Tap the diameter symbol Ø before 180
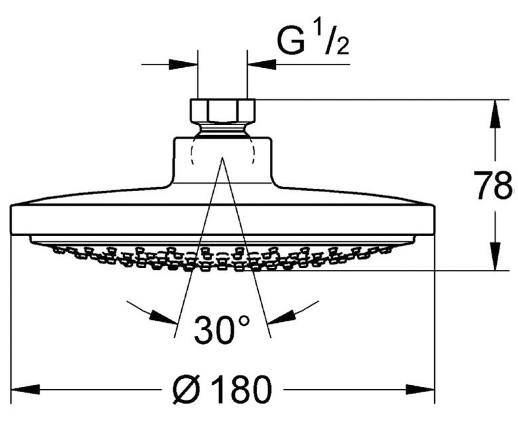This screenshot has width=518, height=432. [186, 390]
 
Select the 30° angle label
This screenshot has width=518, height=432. [221, 330]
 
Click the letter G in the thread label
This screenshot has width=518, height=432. [291, 41]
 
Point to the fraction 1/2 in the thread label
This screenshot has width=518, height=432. [333, 39]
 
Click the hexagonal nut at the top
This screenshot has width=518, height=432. [223, 111]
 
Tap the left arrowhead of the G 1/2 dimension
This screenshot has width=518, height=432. [183, 64]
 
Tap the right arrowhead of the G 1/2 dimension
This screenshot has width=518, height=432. [262, 64]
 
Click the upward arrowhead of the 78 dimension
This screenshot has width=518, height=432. [495, 114]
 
